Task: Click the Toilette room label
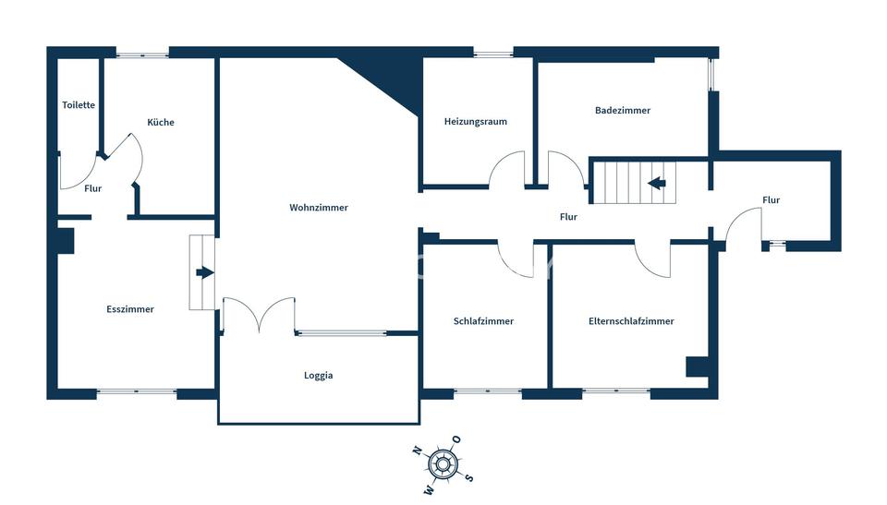pos(79,105)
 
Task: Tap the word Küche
pos(161,122)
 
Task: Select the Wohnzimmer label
pos(319,208)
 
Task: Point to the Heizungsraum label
pos(475,122)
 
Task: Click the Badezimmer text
pos(622,110)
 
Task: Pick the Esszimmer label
pos(130,309)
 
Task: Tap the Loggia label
pos(318,376)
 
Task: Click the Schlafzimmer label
pos(483,321)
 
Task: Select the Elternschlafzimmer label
pos(631,321)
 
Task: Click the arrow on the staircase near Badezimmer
pos(657,183)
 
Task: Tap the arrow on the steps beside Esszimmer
pos(205,273)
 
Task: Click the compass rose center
pos(443,465)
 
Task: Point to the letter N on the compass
pos(418,451)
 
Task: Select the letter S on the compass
pos(469,478)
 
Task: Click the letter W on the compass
pos(430,489)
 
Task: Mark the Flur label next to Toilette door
pos(92,189)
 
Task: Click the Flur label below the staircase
pos(568,217)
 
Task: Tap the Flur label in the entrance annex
pos(771,200)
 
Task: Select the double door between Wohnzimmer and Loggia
pos(259,315)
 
